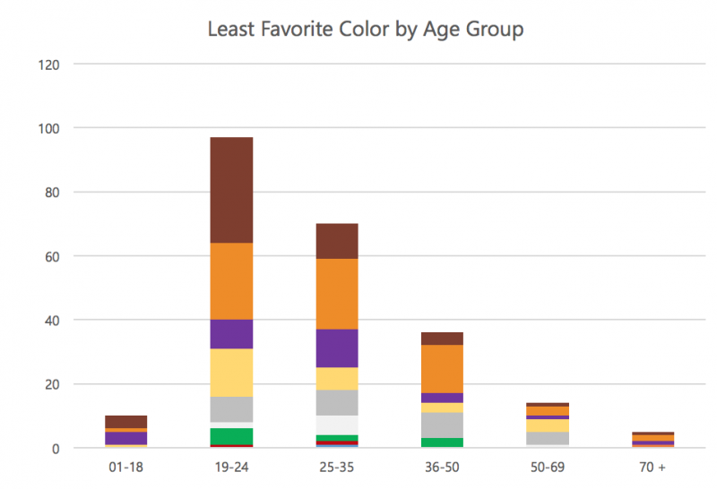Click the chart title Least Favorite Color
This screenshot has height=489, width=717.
[x=365, y=29]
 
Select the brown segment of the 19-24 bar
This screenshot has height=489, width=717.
[x=230, y=190]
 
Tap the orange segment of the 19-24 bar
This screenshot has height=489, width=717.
[x=230, y=281]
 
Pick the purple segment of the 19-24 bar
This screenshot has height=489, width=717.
[x=230, y=334]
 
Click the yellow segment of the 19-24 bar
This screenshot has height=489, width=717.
[x=230, y=373]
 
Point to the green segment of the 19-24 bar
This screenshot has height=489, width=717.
[x=230, y=435]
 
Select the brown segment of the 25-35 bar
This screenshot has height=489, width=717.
[x=336, y=241]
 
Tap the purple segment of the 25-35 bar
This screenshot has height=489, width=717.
[x=336, y=348]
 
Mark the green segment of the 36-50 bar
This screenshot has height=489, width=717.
[x=441, y=442]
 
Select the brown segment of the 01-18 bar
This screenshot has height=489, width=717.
[x=125, y=422]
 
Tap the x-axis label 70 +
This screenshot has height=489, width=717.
[x=652, y=468]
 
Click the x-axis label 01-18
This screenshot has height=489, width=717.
[x=125, y=468]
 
